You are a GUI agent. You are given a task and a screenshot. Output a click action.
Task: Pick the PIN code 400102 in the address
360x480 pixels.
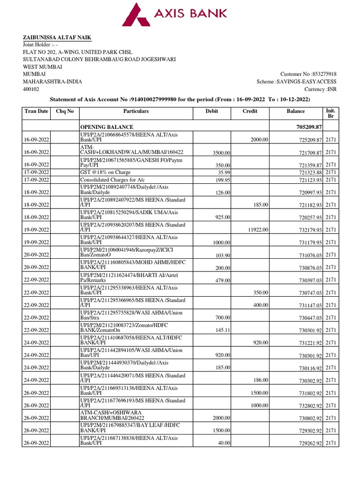pyautogui.click(x=31, y=89)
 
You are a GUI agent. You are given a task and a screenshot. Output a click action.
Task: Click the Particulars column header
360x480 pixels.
pyautogui.click(x=136, y=112)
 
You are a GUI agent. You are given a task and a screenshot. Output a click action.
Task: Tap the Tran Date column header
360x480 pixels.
pyautogui.click(x=37, y=112)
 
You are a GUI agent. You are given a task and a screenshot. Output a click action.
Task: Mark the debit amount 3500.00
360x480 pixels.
pyautogui.click(x=219, y=153)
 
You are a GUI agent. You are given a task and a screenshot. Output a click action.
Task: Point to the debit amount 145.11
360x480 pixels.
pyautogui.click(x=220, y=330)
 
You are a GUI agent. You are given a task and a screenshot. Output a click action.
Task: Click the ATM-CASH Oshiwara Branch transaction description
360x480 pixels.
pyautogui.click(x=112, y=414)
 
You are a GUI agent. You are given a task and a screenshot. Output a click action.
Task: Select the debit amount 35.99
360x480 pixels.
pyautogui.click(x=222, y=172)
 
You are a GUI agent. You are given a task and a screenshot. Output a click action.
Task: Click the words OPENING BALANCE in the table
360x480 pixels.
pyautogui.click(x=107, y=127)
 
